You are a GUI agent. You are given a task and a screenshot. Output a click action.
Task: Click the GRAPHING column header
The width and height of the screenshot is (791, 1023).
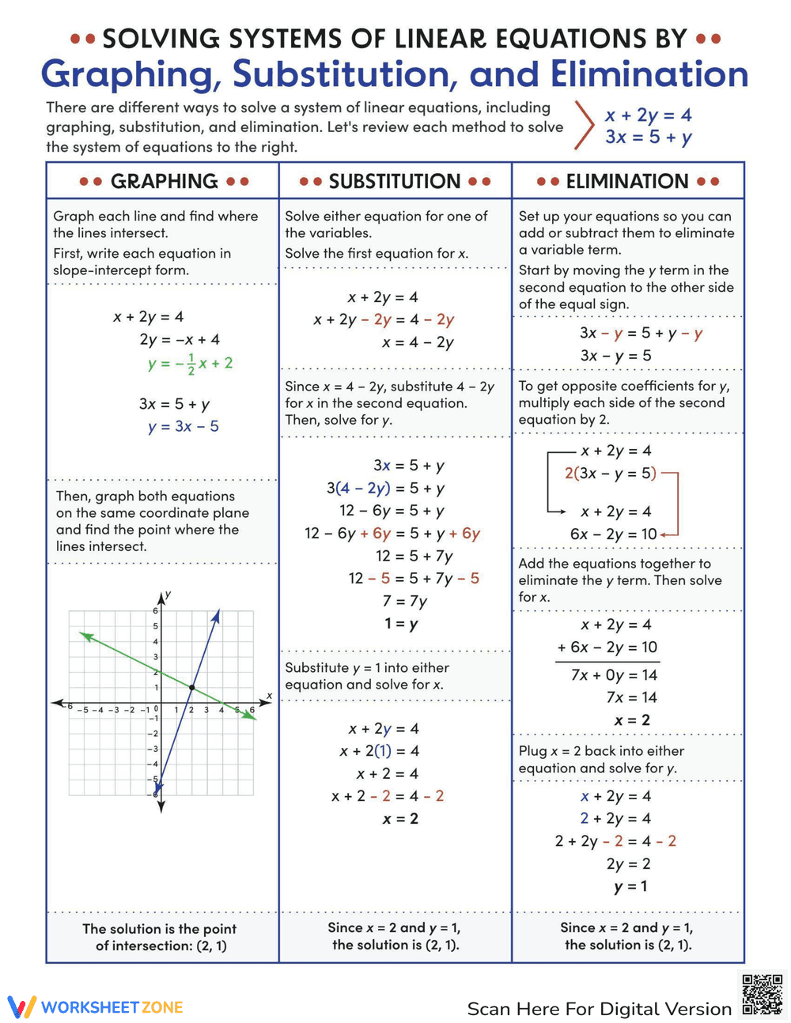164,181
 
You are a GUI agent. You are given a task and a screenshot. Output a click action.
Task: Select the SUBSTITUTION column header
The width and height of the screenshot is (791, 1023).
395,181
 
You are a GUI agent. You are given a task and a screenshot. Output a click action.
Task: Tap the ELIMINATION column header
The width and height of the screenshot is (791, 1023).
627,181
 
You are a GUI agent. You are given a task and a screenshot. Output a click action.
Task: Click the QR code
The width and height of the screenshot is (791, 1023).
763,995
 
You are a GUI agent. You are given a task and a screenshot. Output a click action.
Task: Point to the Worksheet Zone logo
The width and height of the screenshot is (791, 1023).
96,1006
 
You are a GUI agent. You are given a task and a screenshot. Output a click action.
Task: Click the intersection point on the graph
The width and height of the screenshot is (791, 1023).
191,688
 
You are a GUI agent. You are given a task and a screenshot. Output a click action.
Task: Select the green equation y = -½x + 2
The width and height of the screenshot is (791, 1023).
190,364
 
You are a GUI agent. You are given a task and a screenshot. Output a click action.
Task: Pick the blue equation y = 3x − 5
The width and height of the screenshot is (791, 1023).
183,427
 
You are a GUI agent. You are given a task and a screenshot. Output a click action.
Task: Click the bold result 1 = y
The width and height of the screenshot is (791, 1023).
401,624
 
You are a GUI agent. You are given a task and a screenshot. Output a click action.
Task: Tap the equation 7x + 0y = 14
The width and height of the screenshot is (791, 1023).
614,675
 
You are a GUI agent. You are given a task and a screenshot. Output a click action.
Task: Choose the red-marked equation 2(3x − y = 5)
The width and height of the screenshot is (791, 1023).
610,474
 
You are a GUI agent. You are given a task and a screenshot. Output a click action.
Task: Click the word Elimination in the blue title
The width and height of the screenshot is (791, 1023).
649,74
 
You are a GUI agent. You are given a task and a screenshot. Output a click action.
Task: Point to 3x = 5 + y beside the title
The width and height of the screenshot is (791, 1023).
648,137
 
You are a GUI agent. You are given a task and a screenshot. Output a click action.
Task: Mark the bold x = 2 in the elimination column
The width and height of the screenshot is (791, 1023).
631,720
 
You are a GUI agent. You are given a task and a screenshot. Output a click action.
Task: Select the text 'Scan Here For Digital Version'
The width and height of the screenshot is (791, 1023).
599,1009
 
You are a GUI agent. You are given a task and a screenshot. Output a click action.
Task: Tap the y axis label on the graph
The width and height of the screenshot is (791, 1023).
168,595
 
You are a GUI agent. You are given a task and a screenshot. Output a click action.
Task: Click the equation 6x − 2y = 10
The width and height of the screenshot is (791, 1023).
613,534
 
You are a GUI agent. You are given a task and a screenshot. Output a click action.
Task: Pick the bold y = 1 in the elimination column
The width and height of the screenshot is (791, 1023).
630,886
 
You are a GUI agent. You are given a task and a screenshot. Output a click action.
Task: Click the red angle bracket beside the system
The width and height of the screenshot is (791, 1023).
584,125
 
